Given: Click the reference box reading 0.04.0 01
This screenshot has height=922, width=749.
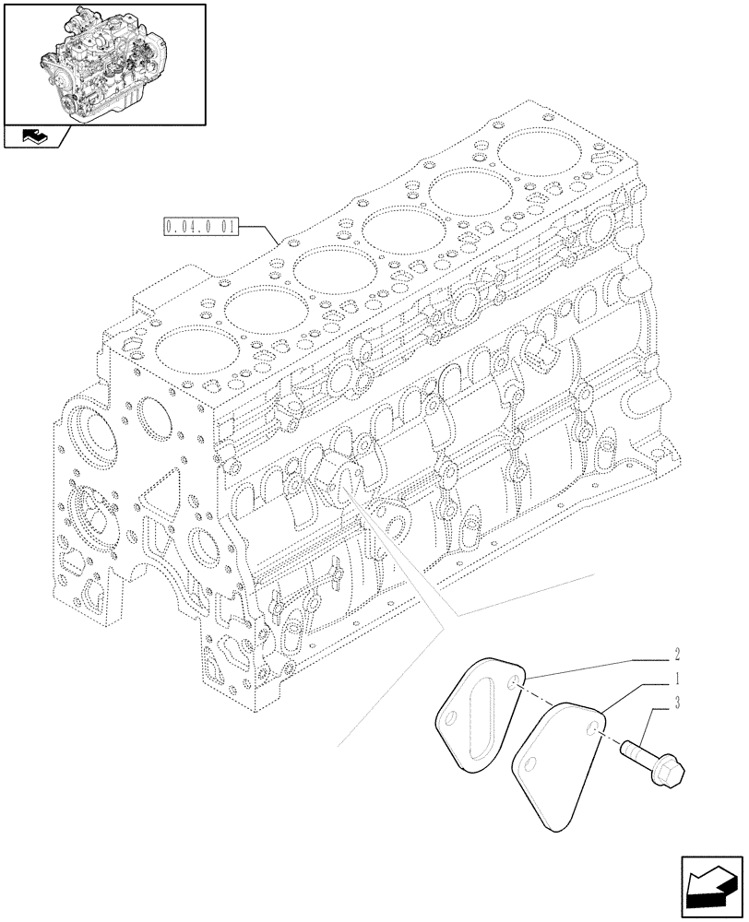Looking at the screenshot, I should coord(202,226).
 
